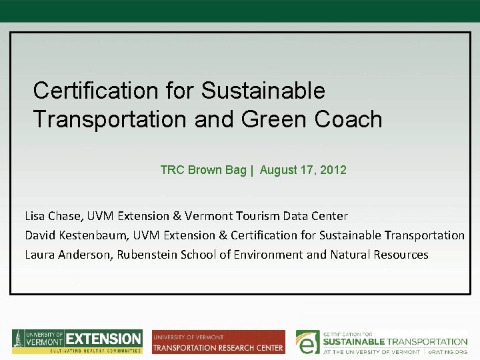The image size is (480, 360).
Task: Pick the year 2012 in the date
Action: [x=333, y=170]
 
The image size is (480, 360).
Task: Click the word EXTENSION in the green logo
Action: [x=104, y=339]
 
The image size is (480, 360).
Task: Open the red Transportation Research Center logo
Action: [x=218, y=342]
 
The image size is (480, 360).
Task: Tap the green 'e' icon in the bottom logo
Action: [x=307, y=341]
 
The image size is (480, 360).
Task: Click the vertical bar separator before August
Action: [x=252, y=170]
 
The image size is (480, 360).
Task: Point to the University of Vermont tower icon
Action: [x=18, y=341]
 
